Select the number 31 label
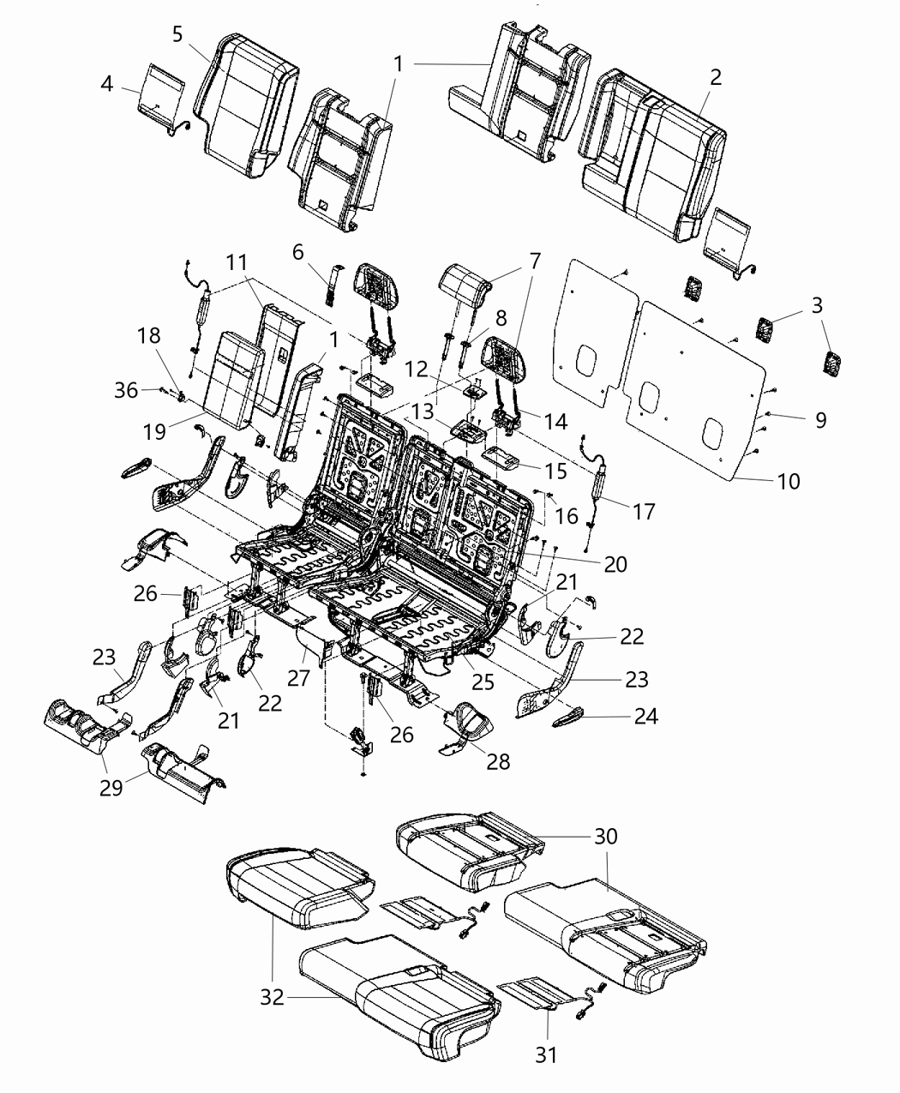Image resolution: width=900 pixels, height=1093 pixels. pos(546,1054)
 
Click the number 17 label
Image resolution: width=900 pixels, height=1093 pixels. pos(643,511)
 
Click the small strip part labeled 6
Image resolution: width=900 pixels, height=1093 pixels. pos(331,282)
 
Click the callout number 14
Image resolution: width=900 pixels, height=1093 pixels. pos(555,420)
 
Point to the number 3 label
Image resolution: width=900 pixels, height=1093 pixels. pos(817,305)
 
